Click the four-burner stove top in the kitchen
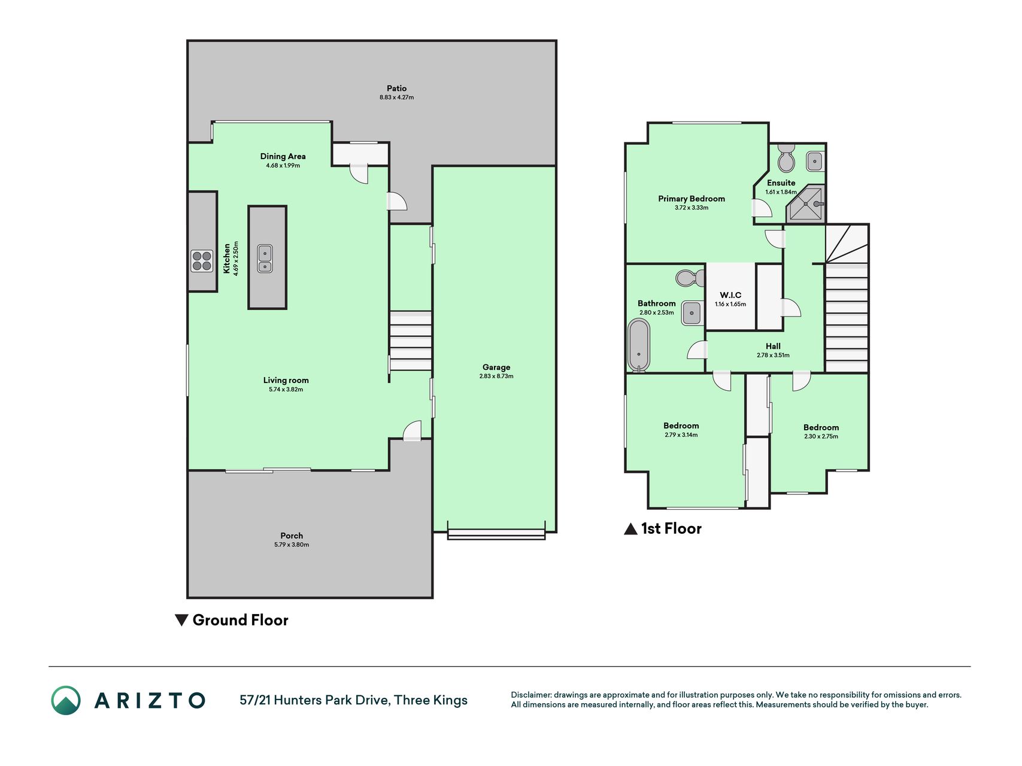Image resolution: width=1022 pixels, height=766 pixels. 202,261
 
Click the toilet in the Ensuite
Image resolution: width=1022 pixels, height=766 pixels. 786,158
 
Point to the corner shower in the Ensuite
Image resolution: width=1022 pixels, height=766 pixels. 806,203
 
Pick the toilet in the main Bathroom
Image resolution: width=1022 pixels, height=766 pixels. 690,278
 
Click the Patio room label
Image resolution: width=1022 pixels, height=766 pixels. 396,88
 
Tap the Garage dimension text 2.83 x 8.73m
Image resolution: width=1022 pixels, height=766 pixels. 496,376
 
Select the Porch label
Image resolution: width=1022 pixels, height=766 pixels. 292,536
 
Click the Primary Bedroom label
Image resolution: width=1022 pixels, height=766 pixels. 692,199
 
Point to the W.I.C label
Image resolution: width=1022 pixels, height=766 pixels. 730,295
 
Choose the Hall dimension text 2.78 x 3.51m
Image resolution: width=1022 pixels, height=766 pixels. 773,355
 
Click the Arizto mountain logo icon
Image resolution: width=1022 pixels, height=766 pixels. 66,700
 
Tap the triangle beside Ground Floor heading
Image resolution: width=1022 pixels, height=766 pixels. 181,620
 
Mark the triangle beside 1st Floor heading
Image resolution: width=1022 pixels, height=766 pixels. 630,528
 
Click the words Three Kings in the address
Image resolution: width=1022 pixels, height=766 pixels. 431,700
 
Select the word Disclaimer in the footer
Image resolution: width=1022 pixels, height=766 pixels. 531,695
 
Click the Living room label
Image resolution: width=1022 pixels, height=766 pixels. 286,380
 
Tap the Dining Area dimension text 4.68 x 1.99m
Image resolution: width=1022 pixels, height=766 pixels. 283,166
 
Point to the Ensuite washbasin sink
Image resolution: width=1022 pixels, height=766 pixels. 814,160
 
